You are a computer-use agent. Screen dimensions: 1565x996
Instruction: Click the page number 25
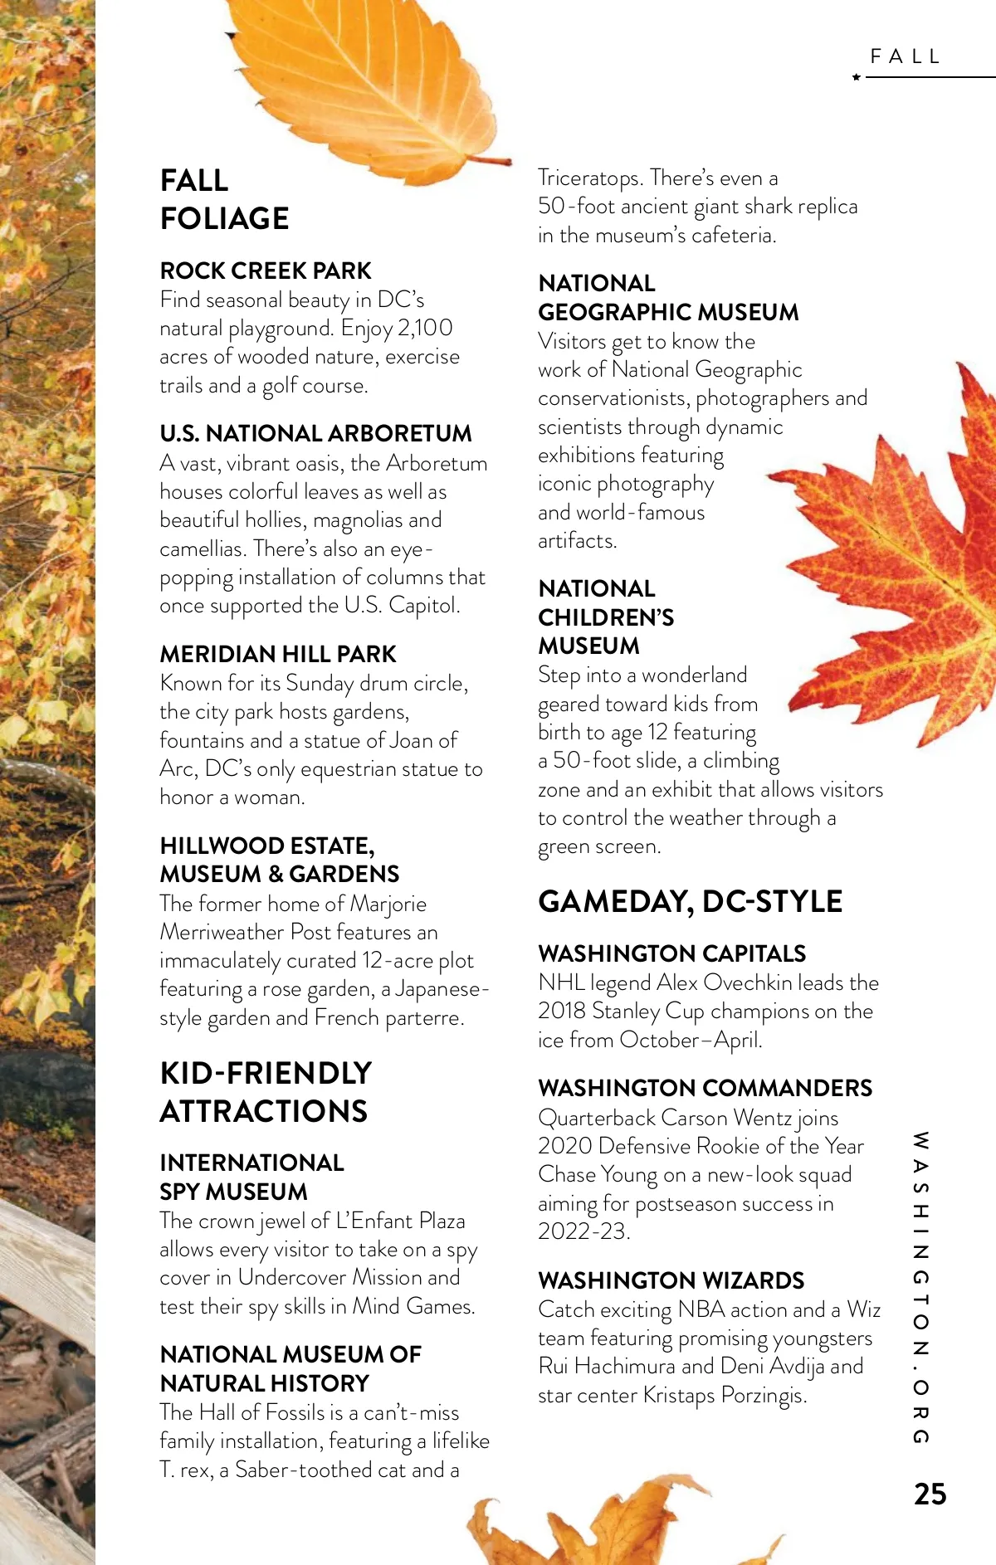(x=930, y=1494)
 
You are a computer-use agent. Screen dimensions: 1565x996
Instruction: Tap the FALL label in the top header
(x=906, y=56)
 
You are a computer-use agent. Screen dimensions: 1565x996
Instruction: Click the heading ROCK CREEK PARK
(x=266, y=271)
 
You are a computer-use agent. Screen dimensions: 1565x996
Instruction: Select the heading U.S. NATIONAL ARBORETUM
(x=315, y=433)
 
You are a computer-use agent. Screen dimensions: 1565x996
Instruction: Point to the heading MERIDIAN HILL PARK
(x=278, y=654)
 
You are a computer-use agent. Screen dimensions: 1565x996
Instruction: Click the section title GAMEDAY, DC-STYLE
(x=690, y=901)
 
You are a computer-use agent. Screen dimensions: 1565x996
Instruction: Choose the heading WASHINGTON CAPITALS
(x=671, y=953)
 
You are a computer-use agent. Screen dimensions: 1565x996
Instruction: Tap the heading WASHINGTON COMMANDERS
(x=705, y=1088)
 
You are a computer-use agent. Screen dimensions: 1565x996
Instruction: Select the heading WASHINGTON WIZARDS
(x=671, y=1280)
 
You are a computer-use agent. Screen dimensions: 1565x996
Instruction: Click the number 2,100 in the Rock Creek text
(x=425, y=328)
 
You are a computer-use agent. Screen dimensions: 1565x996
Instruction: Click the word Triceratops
(x=590, y=178)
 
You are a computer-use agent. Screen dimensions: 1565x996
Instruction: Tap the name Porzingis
(x=763, y=1395)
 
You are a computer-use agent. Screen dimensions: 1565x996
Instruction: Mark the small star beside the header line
(x=857, y=77)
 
